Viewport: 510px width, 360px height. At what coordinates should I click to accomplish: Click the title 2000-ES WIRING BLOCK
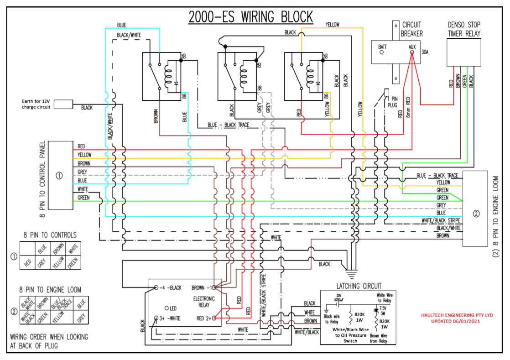(251, 17)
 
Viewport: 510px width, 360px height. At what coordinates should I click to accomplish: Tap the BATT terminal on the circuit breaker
(382, 52)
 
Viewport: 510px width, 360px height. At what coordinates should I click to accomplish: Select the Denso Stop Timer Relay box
(463, 52)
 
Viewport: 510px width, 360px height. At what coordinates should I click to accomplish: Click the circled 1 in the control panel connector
(59, 175)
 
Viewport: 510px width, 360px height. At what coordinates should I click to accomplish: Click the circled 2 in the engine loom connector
(476, 213)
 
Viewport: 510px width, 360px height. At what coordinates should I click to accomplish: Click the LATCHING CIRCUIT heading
(359, 286)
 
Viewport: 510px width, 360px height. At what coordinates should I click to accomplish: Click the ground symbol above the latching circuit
(351, 274)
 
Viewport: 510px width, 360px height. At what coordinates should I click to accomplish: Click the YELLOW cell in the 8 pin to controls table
(58, 262)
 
